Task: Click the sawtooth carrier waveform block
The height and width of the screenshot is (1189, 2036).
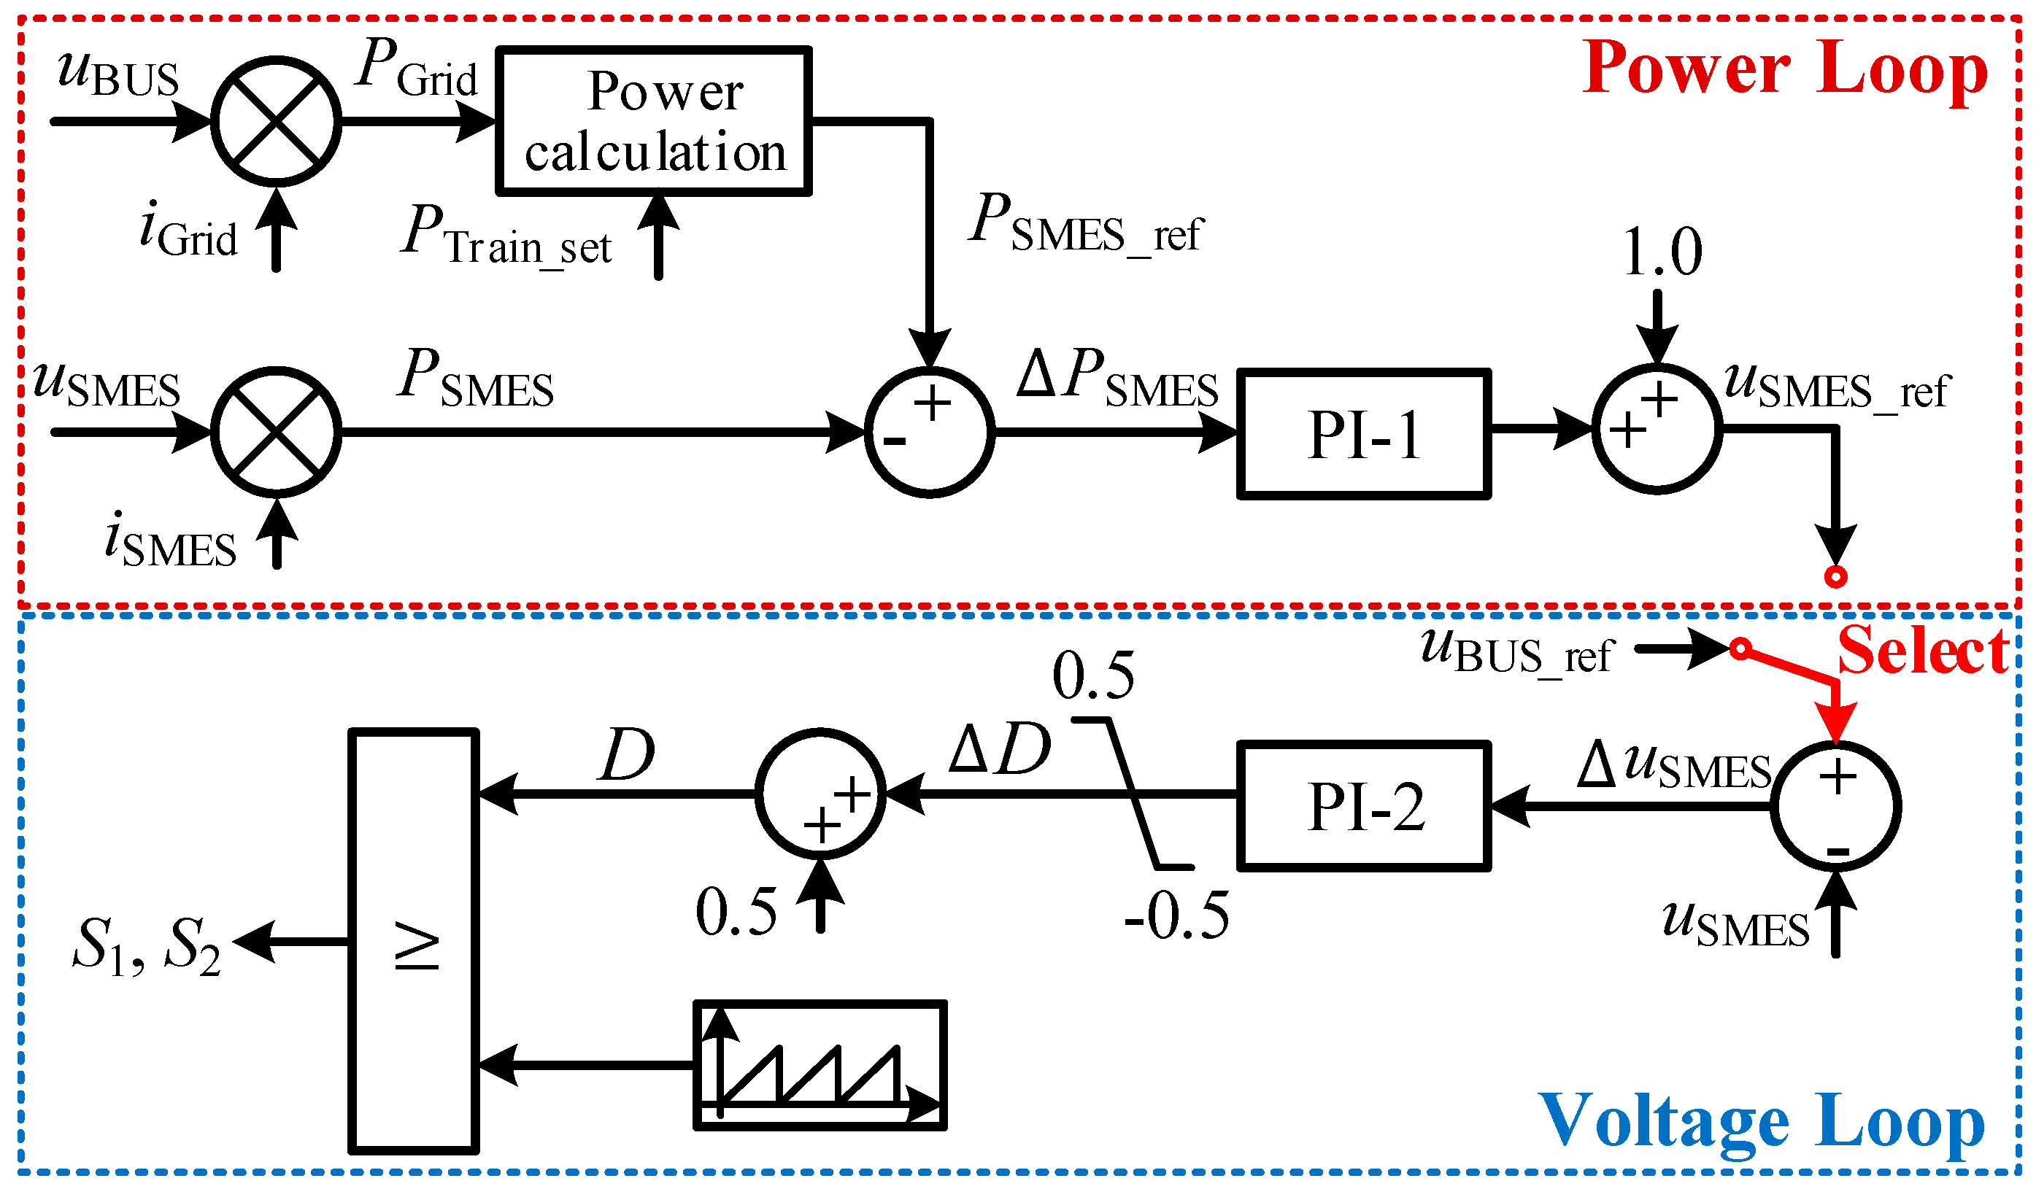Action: pyautogui.click(x=820, y=1064)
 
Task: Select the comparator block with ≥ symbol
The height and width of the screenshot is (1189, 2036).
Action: pyautogui.click(x=414, y=941)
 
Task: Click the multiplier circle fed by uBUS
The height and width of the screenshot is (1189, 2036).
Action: pyautogui.click(x=277, y=121)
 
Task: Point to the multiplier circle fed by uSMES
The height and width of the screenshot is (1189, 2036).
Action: pyautogui.click(x=277, y=432)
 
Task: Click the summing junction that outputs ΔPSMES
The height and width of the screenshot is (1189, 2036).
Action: pyautogui.click(x=929, y=432)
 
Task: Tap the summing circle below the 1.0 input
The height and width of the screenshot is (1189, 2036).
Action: pyautogui.click(x=1657, y=428)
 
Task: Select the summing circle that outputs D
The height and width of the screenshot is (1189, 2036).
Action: pyautogui.click(x=820, y=794)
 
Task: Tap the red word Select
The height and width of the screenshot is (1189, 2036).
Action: pyautogui.click(x=1923, y=650)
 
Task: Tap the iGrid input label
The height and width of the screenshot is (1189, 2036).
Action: pyautogui.click(x=188, y=231)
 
